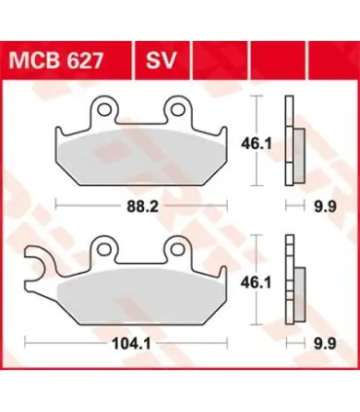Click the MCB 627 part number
(x=56, y=60)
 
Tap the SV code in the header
(x=161, y=60)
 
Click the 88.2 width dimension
(x=142, y=206)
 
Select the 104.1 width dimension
(x=131, y=343)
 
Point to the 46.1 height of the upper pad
(x=256, y=144)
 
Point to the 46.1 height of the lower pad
(x=256, y=282)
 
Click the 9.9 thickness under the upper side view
(x=325, y=206)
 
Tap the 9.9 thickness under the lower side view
(x=325, y=343)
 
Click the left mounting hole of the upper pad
(x=104, y=110)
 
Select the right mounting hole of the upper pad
(x=178, y=110)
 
